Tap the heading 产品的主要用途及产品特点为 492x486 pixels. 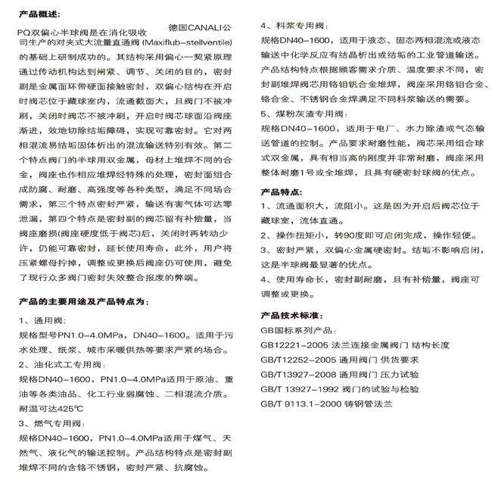pos(77,301)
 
